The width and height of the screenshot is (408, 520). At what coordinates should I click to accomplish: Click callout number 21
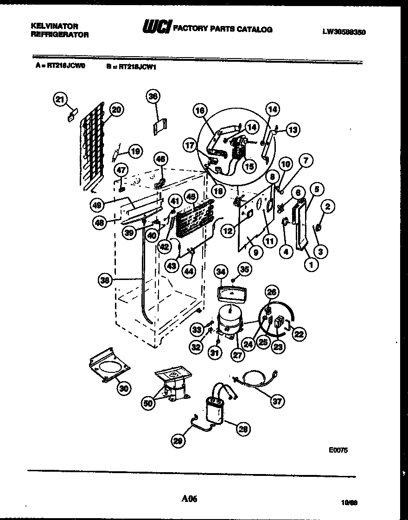click(x=60, y=99)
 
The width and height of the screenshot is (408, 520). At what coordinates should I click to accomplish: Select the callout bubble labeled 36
click(x=153, y=96)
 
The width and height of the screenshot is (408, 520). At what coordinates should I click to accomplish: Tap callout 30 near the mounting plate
click(x=123, y=388)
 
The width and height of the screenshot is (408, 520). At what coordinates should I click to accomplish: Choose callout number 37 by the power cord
click(x=277, y=402)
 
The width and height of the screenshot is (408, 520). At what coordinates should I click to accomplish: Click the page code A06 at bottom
click(x=189, y=499)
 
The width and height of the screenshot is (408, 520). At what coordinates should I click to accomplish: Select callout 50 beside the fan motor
click(x=148, y=403)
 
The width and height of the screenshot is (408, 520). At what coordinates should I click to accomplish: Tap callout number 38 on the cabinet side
click(x=106, y=279)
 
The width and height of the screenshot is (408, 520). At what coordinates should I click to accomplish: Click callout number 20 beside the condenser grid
click(x=116, y=110)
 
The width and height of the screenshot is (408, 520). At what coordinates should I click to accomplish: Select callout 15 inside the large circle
click(x=249, y=165)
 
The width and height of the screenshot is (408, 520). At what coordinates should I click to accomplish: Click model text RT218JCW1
click(x=137, y=66)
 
